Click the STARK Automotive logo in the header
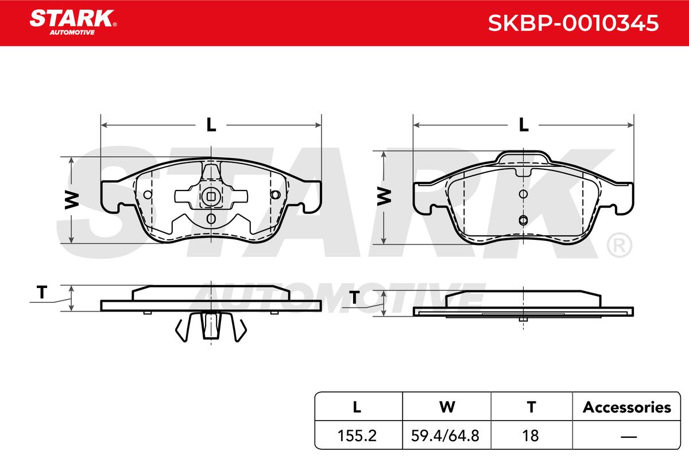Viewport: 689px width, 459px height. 73,22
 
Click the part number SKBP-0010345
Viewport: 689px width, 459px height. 574,23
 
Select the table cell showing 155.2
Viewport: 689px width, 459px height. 357,435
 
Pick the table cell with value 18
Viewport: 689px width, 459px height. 531,435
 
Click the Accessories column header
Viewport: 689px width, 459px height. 626,407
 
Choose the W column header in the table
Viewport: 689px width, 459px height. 447,407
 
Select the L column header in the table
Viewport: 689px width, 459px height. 357,407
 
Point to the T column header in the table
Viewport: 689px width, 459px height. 531,407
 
